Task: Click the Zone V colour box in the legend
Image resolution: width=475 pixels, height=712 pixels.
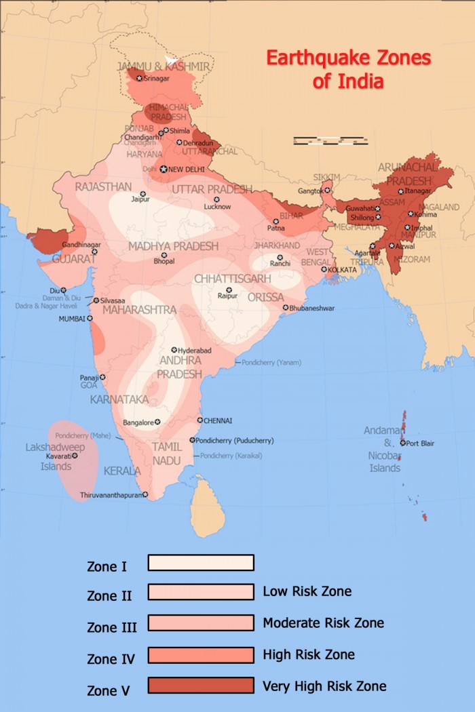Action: click(x=201, y=686)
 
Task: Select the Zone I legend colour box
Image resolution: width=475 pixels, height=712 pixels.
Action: click(x=201, y=563)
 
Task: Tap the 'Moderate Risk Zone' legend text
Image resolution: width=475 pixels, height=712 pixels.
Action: click(x=323, y=622)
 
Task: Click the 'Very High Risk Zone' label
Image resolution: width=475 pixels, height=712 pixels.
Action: click(x=324, y=686)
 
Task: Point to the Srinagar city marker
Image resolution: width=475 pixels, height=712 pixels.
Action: click(x=140, y=79)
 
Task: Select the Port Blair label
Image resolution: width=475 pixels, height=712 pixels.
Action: click(x=420, y=443)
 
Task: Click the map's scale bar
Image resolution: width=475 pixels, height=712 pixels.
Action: click(x=330, y=141)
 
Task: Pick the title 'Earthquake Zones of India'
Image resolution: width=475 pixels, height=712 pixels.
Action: click(x=348, y=68)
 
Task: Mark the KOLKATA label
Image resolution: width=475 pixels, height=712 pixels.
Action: click(x=341, y=270)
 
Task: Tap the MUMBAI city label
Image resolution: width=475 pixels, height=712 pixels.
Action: click(x=71, y=318)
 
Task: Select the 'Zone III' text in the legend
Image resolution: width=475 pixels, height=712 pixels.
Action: click(x=112, y=628)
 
